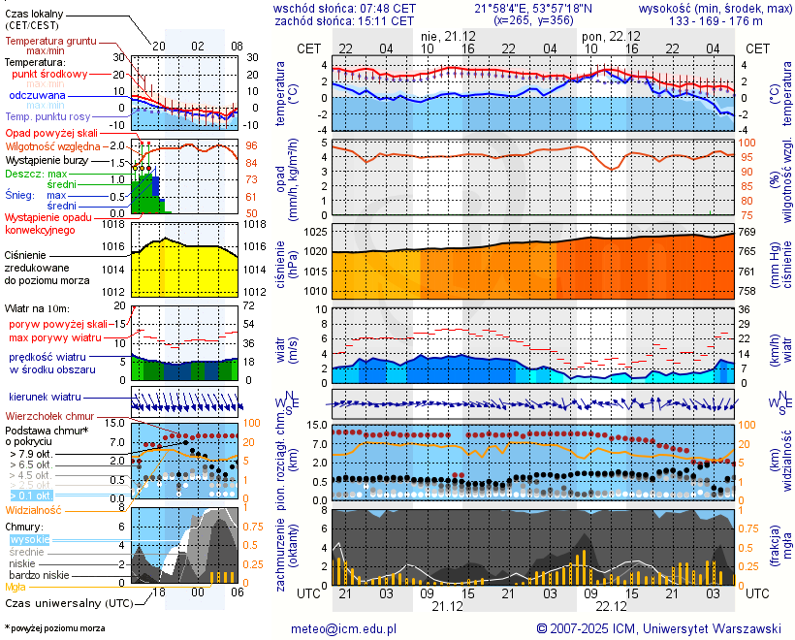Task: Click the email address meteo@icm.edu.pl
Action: pyautogui.click(x=343, y=628)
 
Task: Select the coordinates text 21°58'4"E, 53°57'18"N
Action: pyautogui.click(x=533, y=8)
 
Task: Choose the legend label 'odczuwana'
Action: pyautogui.click(x=37, y=96)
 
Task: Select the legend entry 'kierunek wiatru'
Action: pyautogui.click(x=45, y=398)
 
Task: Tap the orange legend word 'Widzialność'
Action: pyautogui.click(x=34, y=509)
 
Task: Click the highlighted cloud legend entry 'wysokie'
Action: pyautogui.click(x=29, y=539)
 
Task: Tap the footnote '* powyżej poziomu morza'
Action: pyautogui.click(x=54, y=628)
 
